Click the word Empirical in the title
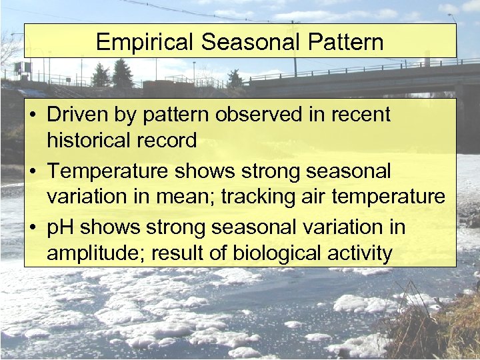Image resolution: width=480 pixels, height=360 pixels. point(145,43)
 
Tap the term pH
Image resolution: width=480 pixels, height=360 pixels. point(60,227)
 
